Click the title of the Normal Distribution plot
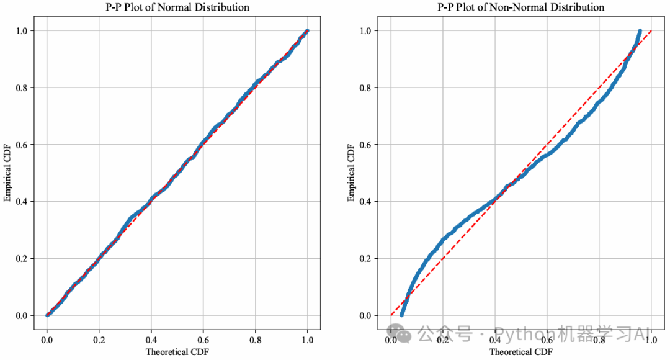pyautogui.click(x=177, y=7)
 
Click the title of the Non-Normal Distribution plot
pyautogui.click(x=521, y=7)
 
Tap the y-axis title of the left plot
pyautogui.click(x=8, y=173)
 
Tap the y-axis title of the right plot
pyautogui.click(x=352, y=173)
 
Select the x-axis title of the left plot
pyautogui.click(x=177, y=352)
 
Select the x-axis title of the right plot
pyautogui.click(x=521, y=352)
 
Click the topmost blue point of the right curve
pyautogui.click(x=639, y=31)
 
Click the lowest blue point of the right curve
pyautogui.click(x=402, y=315)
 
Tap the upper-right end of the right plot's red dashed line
pyautogui.click(x=651, y=30)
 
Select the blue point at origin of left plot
pyautogui.click(x=47, y=315)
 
